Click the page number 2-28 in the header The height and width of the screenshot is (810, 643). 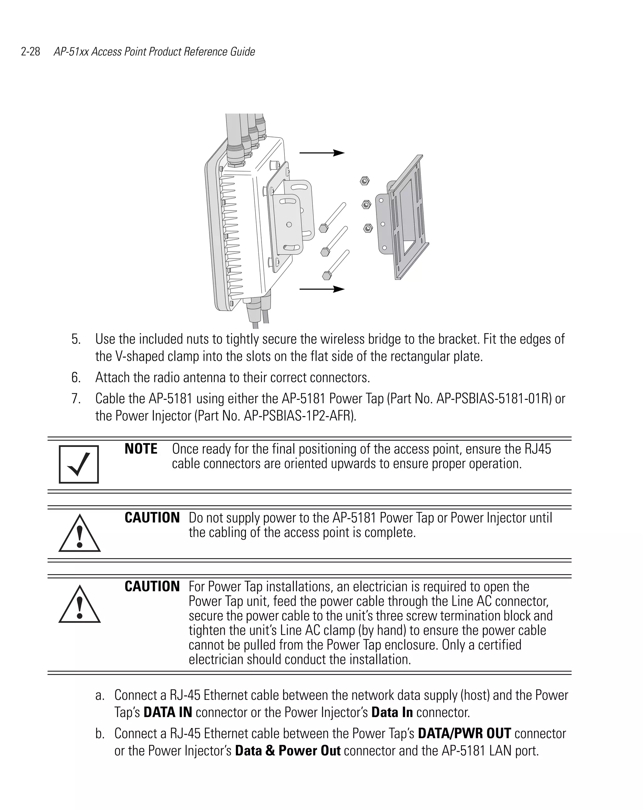(30, 52)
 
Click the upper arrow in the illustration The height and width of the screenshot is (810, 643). (322, 153)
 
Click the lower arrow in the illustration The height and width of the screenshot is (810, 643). (322, 289)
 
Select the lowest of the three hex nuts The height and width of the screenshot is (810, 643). (368, 228)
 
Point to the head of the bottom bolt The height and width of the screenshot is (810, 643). (326, 276)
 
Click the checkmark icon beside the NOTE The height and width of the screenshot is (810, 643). (79, 464)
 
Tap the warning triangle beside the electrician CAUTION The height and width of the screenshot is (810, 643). (79, 605)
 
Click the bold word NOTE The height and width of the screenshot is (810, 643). (141, 449)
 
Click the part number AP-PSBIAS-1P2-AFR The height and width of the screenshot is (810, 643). (299, 416)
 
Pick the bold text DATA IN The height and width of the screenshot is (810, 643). (168, 712)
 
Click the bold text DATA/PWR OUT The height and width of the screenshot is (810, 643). (464, 733)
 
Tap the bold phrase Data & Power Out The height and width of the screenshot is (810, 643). (288, 751)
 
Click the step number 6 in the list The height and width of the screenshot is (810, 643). (76, 377)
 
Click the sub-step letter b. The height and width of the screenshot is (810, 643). (99, 734)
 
